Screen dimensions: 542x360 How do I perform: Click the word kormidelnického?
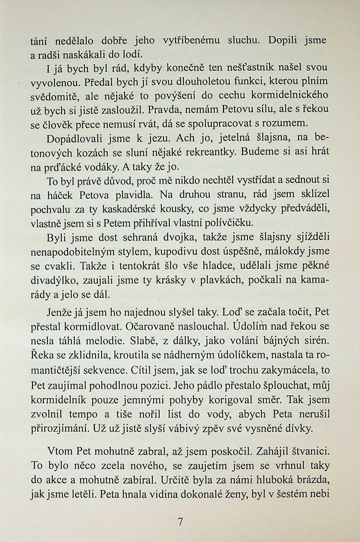289,95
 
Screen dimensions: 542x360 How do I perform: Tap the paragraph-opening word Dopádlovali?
74,139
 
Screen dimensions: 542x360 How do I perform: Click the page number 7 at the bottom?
180,522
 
